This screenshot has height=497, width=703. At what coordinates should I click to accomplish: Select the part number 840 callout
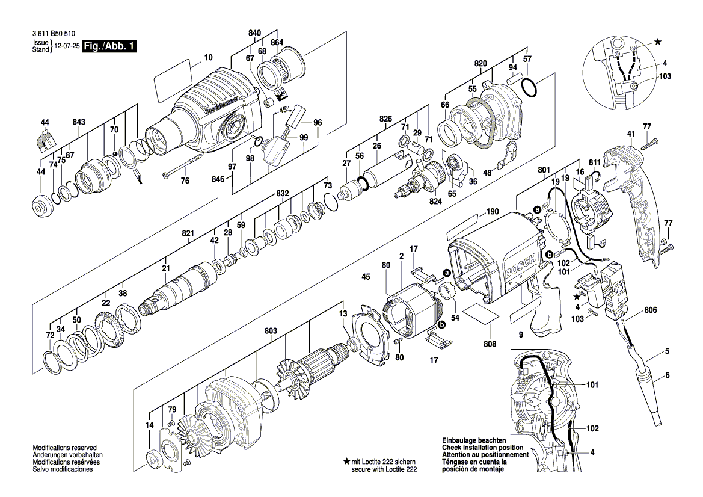coord(254,32)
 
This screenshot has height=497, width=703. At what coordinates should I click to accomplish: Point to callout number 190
coord(493,212)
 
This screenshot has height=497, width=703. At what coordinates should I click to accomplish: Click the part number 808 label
coord(490,345)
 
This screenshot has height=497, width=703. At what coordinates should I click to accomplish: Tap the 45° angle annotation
coord(284,110)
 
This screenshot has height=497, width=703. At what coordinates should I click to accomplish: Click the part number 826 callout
coord(385,119)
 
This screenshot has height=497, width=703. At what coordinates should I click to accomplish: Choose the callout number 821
coord(188,233)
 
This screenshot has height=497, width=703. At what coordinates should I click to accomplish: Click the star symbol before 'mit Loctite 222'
coord(346,461)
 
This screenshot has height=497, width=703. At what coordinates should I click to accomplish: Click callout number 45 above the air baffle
coord(366,277)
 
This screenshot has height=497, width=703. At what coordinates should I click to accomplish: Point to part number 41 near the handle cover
coord(631,134)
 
